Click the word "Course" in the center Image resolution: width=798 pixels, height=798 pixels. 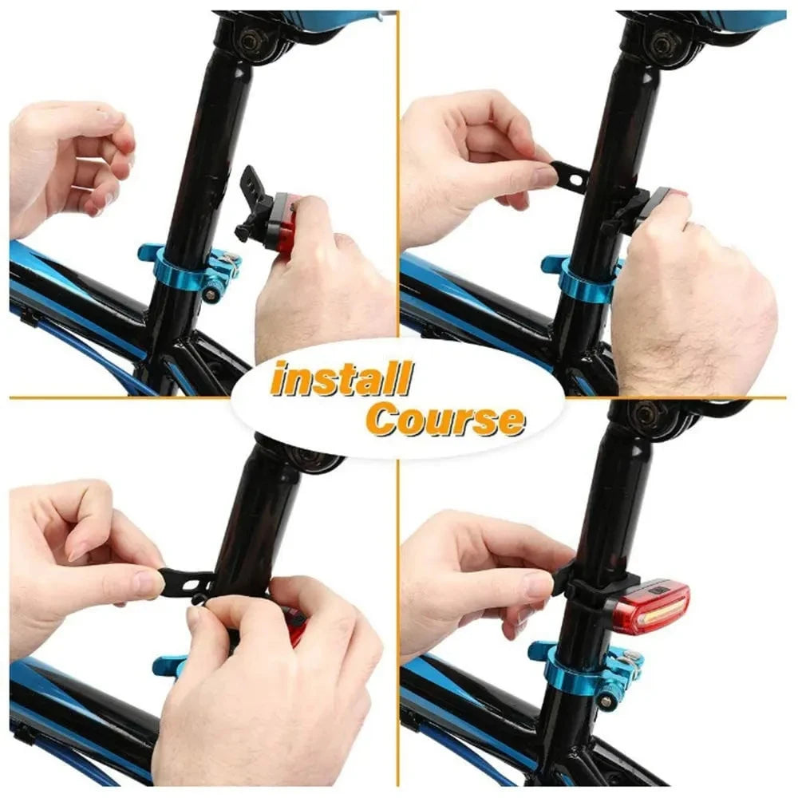[445, 420]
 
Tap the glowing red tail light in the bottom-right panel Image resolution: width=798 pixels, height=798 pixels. [653, 607]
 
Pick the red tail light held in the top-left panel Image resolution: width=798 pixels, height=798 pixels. [283, 220]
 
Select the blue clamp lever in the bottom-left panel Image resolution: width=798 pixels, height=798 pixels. [168, 664]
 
